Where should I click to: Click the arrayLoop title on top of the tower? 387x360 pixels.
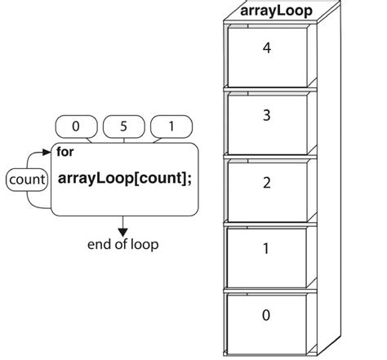276,11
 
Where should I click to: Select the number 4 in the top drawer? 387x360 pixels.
267,48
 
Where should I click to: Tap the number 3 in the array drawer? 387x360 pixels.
267,115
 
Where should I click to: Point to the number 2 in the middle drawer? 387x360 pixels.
267,183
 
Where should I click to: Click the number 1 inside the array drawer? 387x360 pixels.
266,248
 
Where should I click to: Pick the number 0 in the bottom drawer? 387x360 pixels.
266,315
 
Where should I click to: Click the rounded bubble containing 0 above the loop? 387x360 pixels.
76,127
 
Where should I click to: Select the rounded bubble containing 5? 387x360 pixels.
124,127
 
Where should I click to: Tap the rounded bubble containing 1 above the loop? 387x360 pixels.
171,127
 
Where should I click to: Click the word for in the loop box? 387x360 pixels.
64,152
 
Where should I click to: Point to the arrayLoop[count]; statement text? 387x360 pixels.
125,179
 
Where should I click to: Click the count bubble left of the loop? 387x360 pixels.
27,180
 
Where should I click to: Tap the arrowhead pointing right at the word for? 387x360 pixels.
47,152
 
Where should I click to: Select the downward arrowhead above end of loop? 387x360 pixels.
123,233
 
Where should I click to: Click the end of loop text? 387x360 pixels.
123,244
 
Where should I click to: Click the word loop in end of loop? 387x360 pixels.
145,245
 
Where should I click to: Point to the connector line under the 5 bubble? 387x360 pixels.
124,140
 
